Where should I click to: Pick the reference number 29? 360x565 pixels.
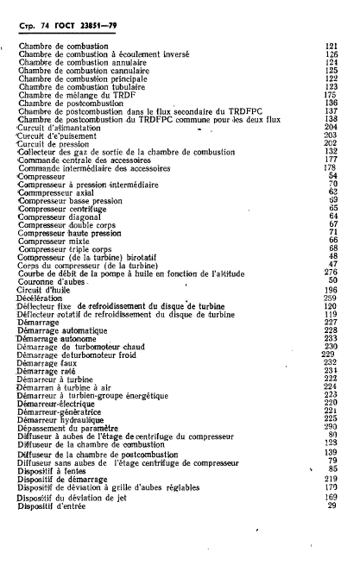pyautogui.click(x=331, y=505)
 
